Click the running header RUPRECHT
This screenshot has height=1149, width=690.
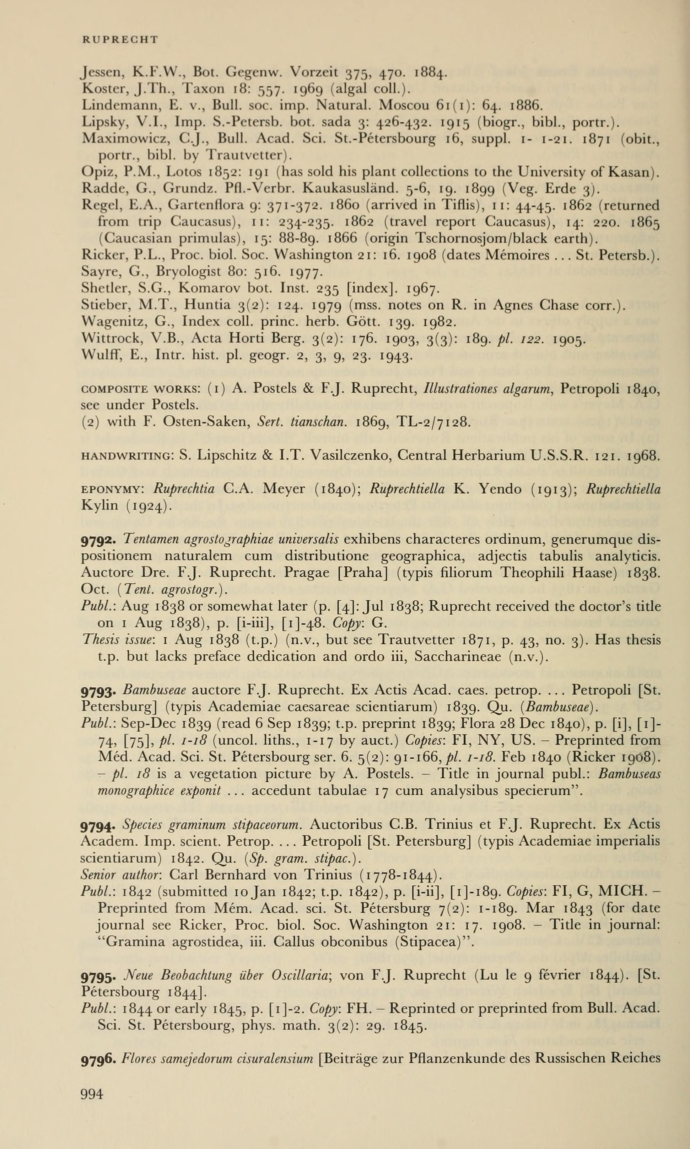click(120, 40)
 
